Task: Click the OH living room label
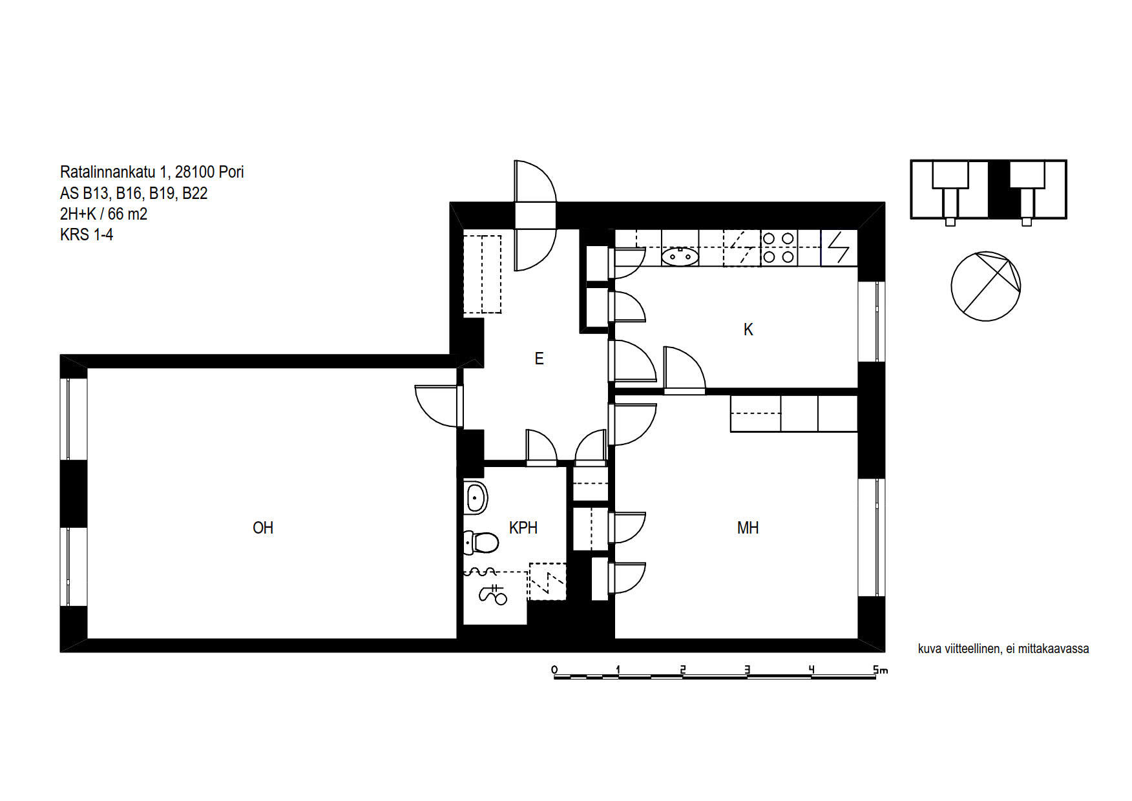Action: (263, 528)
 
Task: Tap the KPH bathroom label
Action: (523, 528)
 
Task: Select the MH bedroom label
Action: (748, 528)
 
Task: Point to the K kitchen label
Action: (748, 329)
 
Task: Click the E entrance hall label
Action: (539, 359)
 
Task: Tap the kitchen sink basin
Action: (680, 256)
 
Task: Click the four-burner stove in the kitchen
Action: (779, 248)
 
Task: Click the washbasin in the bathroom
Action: (476, 498)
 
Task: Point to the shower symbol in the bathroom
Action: (493, 594)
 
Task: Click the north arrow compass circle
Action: (986, 286)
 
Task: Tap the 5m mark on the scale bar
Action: (880, 670)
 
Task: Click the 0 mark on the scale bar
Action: (554, 670)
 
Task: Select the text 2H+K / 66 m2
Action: (103, 214)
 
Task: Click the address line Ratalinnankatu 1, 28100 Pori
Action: (152, 172)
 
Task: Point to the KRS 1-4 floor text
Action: (87, 234)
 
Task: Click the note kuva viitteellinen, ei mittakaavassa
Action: (1003, 649)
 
